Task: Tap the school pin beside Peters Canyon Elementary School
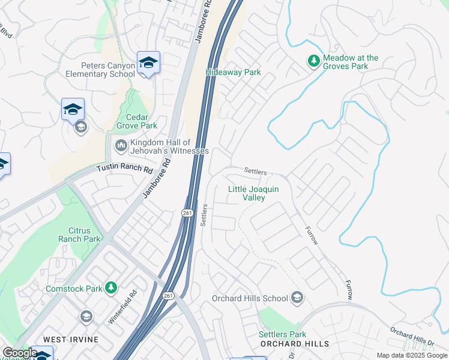click(x=148, y=62)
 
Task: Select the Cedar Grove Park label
click(x=133, y=121)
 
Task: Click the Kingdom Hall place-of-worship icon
click(x=121, y=145)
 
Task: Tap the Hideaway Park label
click(x=233, y=72)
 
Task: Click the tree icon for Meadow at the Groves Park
click(x=313, y=61)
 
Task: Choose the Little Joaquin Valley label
click(x=253, y=193)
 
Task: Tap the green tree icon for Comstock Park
click(x=110, y=289)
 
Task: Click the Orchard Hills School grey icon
click(x=297, y=298)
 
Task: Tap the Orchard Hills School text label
click(x=250, y=298)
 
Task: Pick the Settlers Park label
click(x=282, y=334)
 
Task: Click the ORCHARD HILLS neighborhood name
click(x=295, y=343)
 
